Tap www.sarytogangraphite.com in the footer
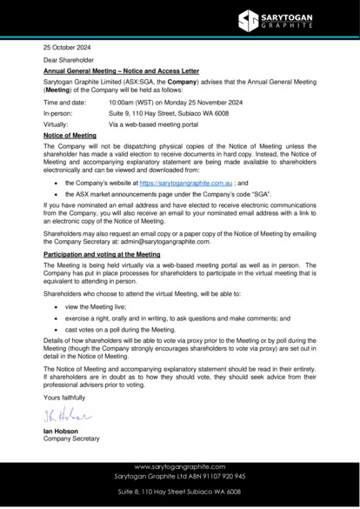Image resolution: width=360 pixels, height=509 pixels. tap(180, 467)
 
